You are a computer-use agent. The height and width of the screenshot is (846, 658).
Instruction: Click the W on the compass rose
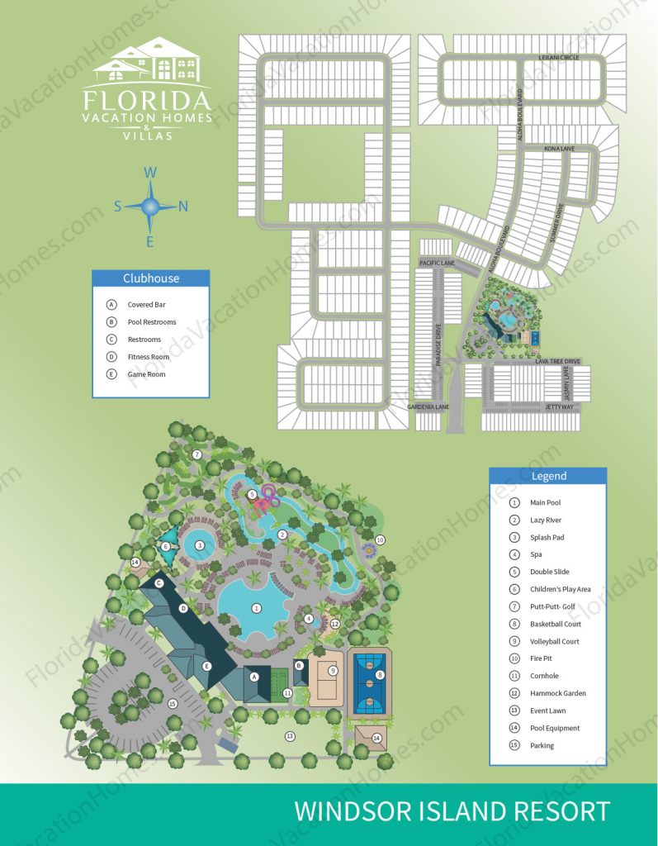[150, 173]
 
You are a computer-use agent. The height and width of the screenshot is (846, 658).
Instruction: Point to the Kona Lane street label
[558, 149]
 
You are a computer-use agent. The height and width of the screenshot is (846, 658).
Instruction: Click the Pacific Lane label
[437, 263]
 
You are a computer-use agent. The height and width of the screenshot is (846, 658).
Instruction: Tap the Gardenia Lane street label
[428, 407]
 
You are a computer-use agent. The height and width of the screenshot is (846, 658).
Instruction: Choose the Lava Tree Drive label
[558, 362]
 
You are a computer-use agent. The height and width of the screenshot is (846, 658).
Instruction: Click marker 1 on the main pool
[257, 608]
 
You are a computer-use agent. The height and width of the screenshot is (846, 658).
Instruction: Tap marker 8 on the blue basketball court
[380, 675]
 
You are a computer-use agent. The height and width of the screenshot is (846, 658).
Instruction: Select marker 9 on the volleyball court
[332, 671]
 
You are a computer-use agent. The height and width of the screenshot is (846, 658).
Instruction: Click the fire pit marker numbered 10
[380, 539]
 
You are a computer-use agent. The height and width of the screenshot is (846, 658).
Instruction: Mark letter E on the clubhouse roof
[207, 666]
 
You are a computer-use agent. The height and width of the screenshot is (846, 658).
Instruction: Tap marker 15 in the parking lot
[172, 704]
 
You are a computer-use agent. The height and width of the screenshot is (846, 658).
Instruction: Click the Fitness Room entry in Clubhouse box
[148, 357]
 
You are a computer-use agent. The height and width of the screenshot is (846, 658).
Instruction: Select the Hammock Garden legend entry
[559, 693]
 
